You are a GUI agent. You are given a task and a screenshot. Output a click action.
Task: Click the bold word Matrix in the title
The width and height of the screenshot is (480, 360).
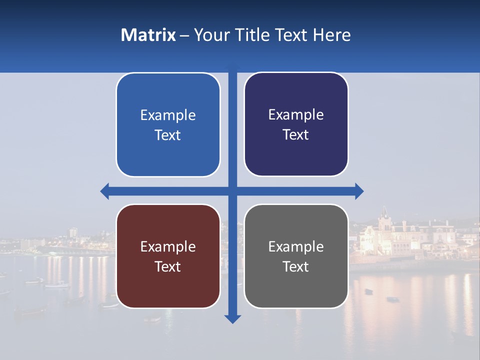tap(148, 35)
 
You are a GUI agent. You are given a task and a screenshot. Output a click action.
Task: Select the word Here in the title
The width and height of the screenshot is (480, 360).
tap(331, 35)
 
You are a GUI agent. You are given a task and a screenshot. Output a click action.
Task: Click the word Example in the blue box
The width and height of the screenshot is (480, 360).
tap(168, 115)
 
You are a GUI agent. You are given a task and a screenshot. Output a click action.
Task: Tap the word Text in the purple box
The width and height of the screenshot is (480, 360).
tap(296, 135)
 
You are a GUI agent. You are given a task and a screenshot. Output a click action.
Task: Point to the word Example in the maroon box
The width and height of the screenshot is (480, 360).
tap(168, 246)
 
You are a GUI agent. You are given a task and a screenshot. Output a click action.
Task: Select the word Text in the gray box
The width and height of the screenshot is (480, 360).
tap(296, 266)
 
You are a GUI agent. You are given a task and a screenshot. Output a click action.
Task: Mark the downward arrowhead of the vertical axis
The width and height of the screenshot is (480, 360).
tap(232, 318)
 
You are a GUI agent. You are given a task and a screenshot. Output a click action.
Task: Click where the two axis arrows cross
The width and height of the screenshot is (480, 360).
tap(232, 191)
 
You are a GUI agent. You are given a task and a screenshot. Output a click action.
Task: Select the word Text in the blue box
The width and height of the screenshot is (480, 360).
tap(168, 135)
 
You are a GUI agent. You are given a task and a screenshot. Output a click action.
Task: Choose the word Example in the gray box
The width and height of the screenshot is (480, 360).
tap(296, 246)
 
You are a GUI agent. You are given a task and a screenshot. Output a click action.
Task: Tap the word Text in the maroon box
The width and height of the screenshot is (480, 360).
tap(168, 266)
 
